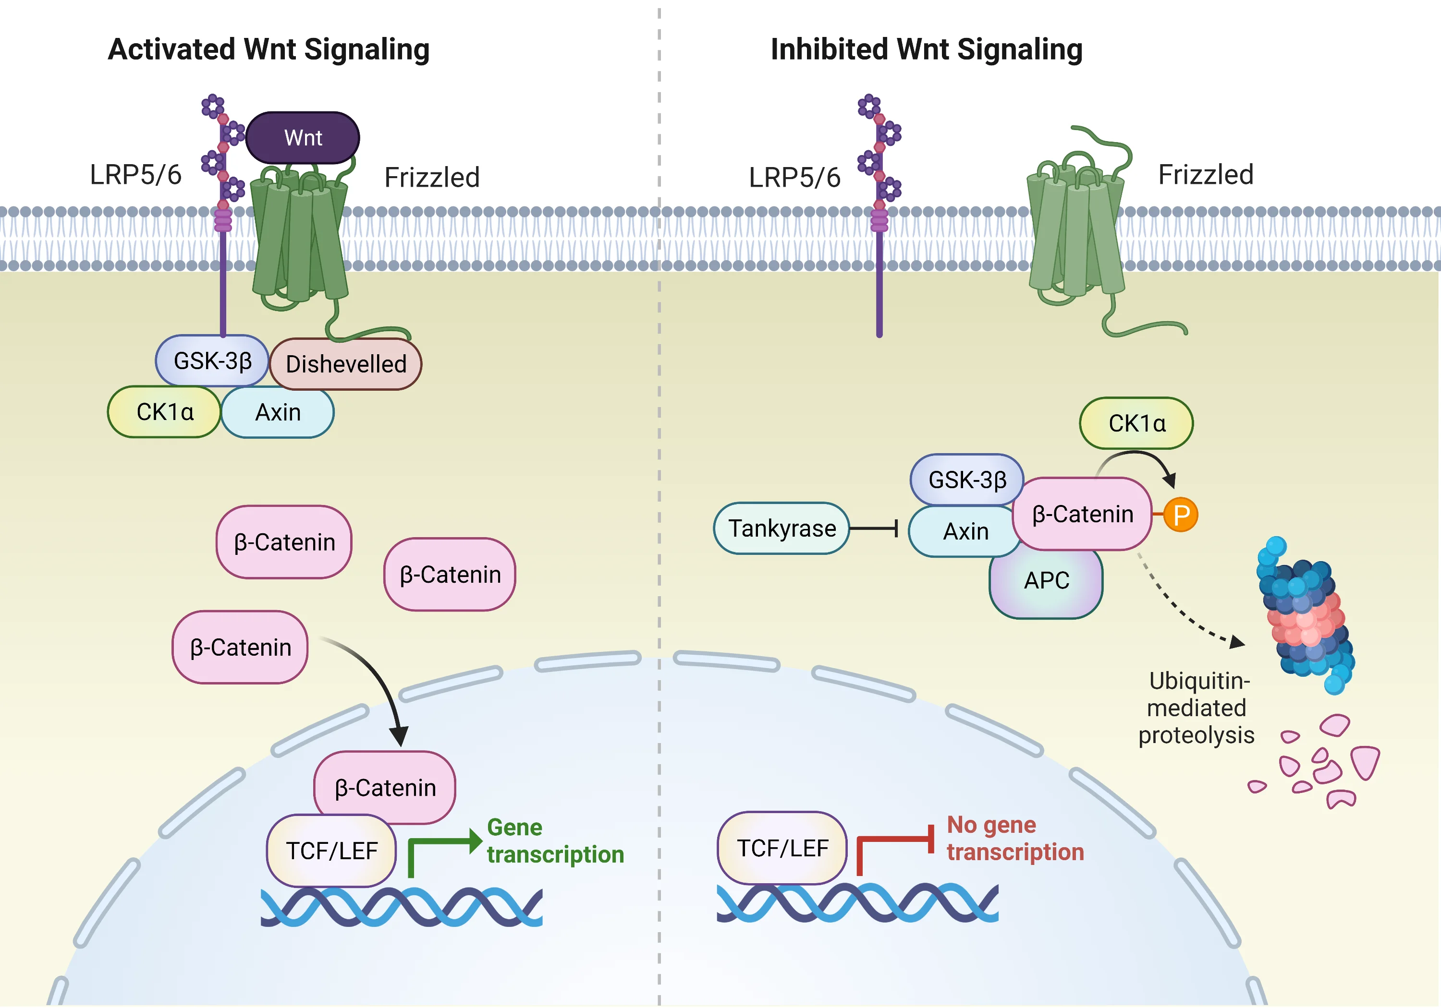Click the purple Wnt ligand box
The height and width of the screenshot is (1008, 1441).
pos(303,137)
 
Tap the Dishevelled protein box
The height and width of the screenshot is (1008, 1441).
pos(346,364)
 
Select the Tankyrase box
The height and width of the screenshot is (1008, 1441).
pos(782,528)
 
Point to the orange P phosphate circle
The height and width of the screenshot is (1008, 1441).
pos(1181,515)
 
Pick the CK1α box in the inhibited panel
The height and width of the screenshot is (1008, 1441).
pos(1136,423)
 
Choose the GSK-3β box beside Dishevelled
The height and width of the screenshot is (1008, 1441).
pos(212,360)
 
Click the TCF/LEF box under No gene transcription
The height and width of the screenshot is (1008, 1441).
pos(782,848)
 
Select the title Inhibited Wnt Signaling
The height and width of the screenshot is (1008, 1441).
pos(927,49)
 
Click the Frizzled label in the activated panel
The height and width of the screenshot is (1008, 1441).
pos(432,178)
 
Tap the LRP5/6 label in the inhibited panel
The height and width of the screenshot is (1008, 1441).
pos(794,178)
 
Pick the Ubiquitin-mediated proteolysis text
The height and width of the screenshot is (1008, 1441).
pos(1196,708)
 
